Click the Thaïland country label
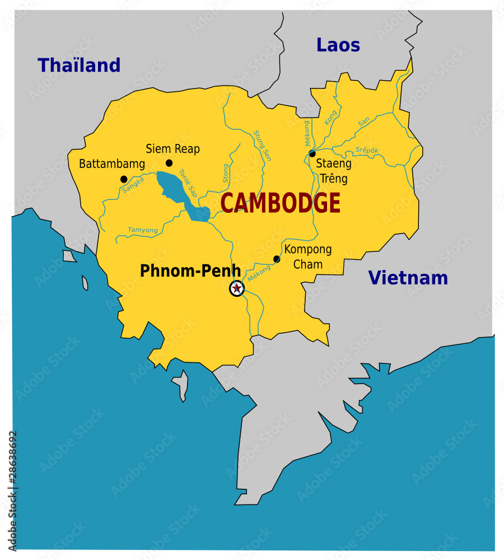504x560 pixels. click(79, 66)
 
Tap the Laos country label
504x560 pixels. click(338, 45)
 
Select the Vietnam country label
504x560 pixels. click(408, 278)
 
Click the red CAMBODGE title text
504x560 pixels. click(280, 203)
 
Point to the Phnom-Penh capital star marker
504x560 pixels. click(237, 288)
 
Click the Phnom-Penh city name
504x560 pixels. click(190, 271)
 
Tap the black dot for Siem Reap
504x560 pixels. click(169, 163)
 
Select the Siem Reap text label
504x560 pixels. click(172, 149)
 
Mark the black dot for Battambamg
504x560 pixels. click(124, 179)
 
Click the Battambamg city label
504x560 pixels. click(112, 164)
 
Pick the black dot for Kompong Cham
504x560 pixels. click(277, 259)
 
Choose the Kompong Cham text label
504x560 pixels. click(308, 256)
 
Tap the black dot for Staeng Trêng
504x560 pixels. click(312, 154)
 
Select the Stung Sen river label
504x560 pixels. click(262, 146)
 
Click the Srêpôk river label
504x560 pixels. click(367, 150)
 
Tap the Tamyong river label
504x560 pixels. click(143, 230)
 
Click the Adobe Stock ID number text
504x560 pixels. click(13, 490)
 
